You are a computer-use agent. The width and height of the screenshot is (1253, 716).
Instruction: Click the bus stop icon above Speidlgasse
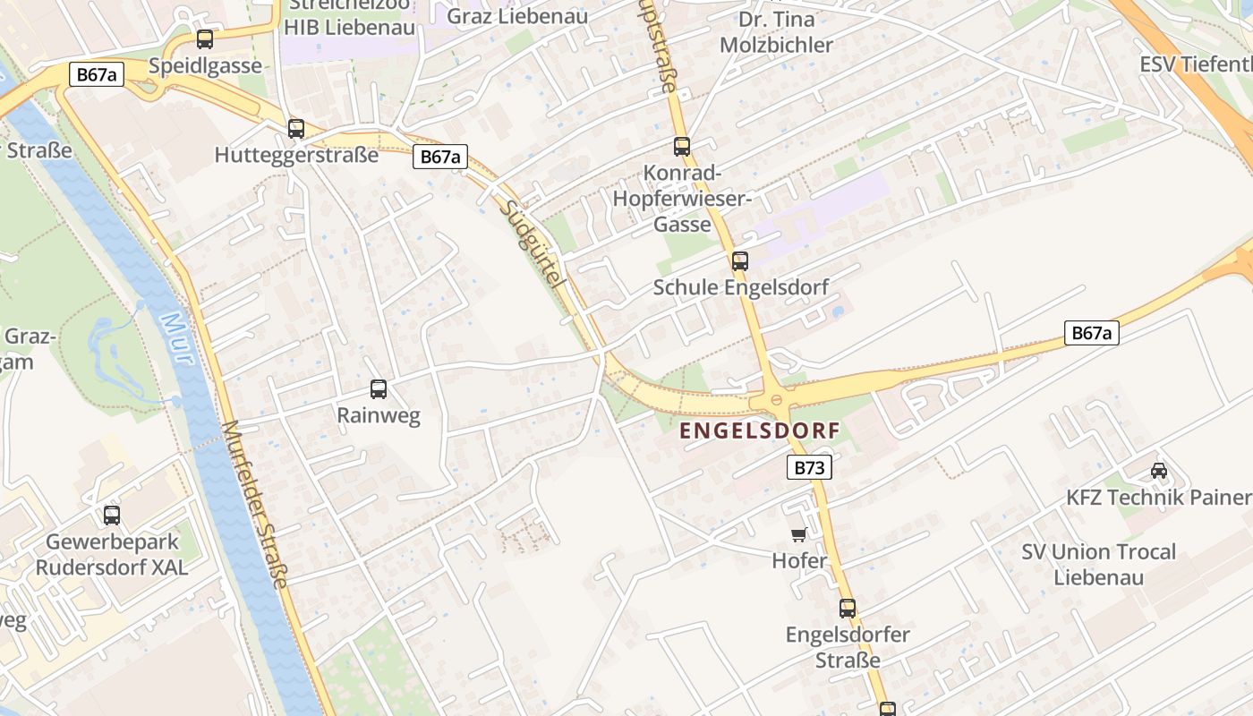[205, 39]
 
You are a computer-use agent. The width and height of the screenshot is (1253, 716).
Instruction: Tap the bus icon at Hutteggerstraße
[296, 129]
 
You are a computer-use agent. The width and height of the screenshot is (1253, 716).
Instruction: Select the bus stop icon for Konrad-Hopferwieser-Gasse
[682, 147]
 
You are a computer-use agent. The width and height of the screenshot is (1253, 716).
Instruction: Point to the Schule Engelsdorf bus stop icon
[740, 261]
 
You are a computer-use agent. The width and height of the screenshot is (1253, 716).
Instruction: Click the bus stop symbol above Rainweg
[379, 389]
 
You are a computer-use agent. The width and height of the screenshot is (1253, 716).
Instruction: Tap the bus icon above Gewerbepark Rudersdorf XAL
[112, 516]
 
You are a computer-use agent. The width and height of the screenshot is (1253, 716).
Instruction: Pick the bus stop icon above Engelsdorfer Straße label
[848, 609]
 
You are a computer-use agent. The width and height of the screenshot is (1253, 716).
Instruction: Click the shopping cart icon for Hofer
[799, 535]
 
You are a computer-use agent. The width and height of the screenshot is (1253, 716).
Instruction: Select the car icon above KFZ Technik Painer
[1159, 470]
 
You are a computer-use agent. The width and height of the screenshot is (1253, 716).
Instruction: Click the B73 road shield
[810, 467]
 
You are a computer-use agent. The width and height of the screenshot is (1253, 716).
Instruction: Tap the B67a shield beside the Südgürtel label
[441, 157]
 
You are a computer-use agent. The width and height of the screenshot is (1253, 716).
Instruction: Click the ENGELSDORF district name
[760, 431]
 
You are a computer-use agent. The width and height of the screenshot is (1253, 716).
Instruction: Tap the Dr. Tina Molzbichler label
[776, 32]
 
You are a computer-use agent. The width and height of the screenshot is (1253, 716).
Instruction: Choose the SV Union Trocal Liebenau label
[1098, 564]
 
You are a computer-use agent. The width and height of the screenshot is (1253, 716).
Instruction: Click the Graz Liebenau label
[516, 16]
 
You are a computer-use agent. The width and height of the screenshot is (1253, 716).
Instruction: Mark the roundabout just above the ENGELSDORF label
[776, 399]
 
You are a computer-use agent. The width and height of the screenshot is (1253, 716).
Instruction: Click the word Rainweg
[379, 416]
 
